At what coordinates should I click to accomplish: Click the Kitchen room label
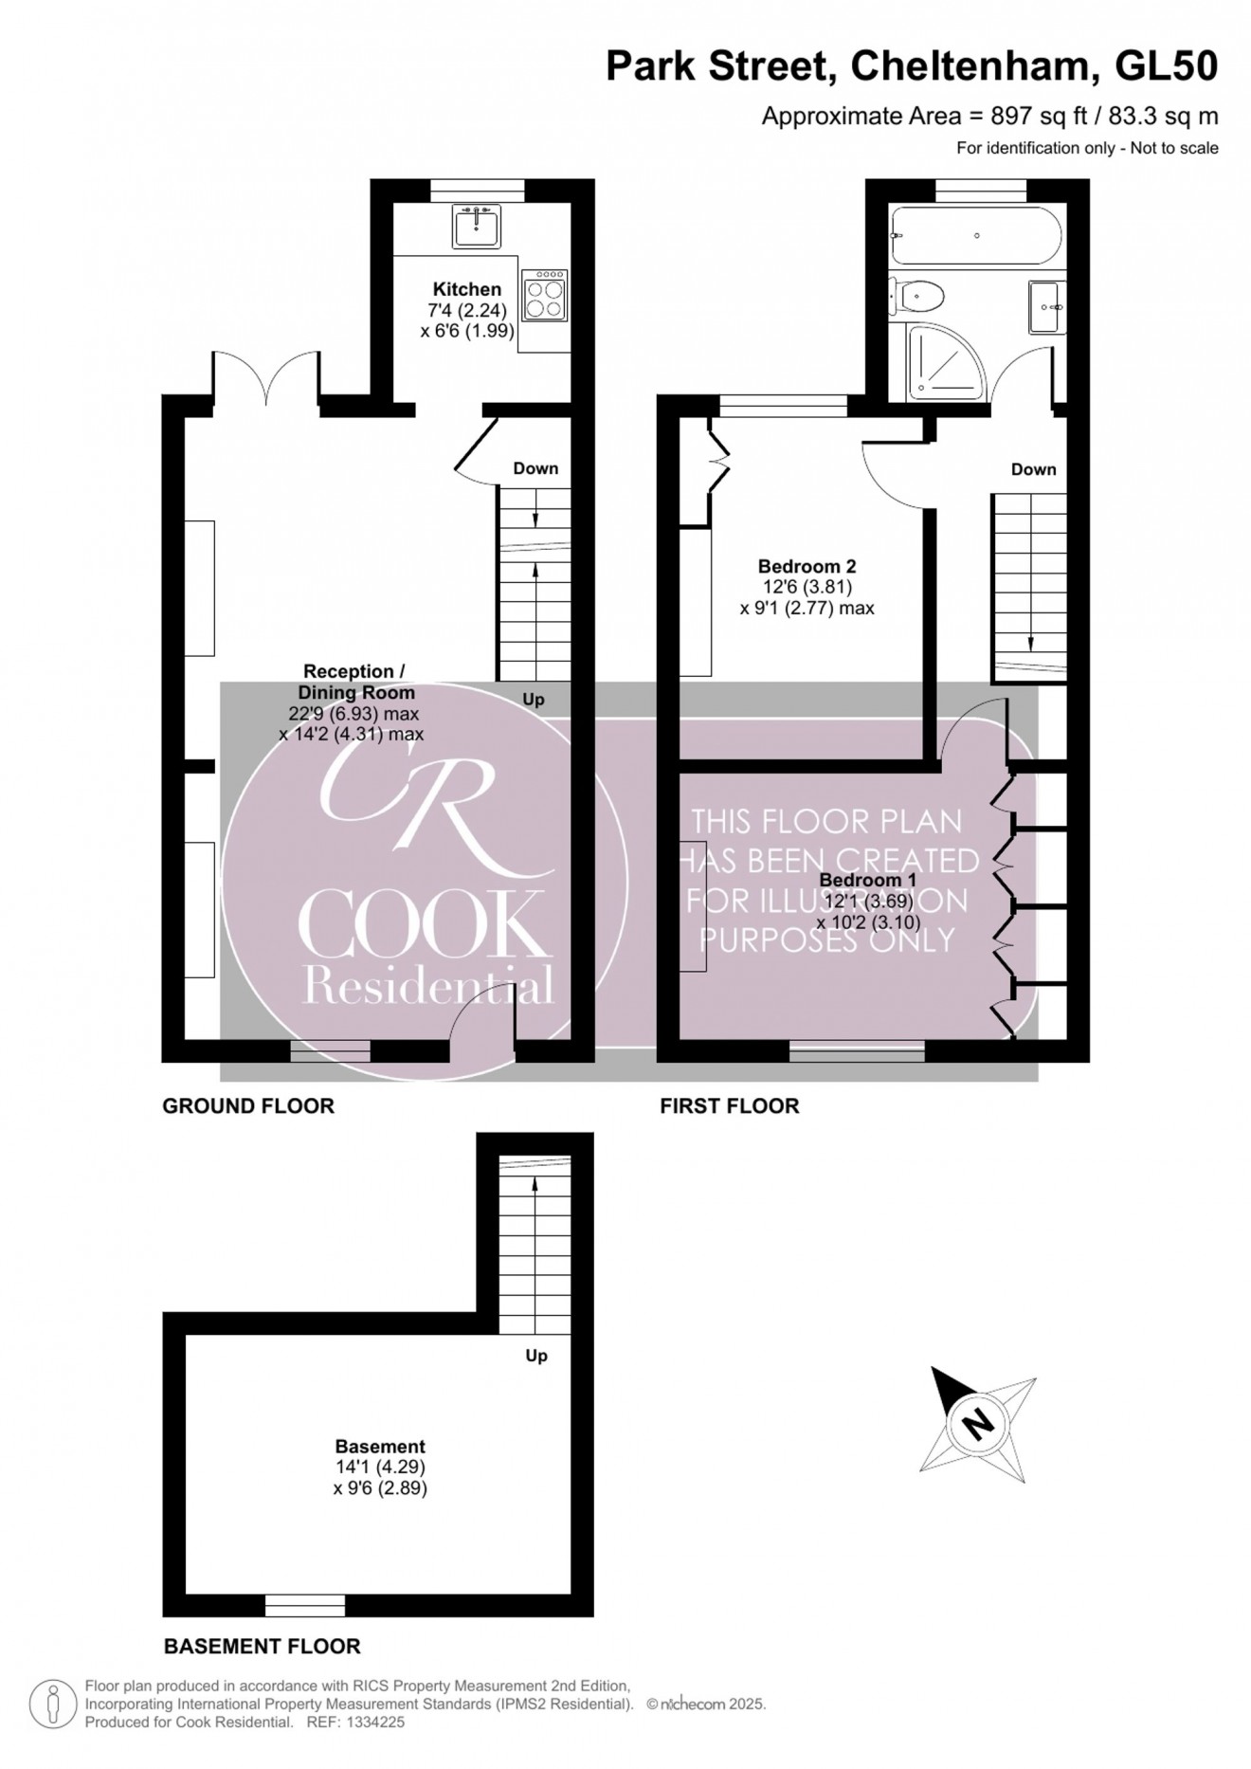tap(467, 289)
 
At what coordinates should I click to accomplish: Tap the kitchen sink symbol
tap(476, 228)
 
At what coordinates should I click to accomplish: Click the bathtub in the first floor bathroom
tap(976, 235)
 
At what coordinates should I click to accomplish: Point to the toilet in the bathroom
tap(917, 297)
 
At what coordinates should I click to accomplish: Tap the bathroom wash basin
tap(1046, 307)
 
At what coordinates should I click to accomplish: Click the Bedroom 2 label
tap(807, 566)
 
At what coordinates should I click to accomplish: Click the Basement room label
tap(380, 1446)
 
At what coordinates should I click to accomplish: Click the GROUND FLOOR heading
tap(248, 1105)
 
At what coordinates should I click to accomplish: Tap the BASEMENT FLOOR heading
tap(262, 1646)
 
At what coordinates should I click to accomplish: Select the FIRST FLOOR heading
tap(729, 1105)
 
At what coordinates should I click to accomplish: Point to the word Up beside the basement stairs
tap(536, 1356)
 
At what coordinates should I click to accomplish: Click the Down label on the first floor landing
tap(1033, 469)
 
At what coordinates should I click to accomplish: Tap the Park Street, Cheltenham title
tap(911, 66)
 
